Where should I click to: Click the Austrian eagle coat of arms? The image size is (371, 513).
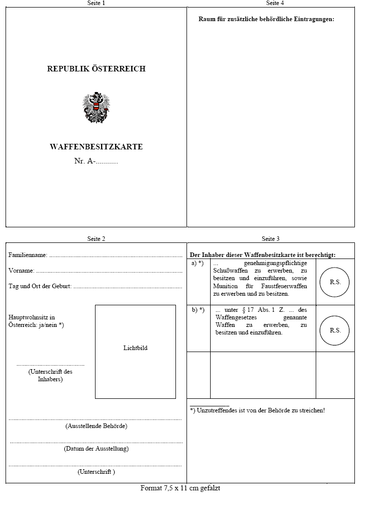point(96,108)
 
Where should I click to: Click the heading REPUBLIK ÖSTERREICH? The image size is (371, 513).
point(96,69)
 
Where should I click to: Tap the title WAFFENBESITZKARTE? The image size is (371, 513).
point(96,147)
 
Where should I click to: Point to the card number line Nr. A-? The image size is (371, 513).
point(96,161)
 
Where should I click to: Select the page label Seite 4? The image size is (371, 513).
point(275,3)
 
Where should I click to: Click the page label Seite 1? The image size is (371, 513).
point(96,3)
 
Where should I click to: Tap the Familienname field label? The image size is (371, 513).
point(28,255)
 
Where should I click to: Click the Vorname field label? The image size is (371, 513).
point(22,271)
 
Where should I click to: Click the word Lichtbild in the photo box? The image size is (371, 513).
point(135,348)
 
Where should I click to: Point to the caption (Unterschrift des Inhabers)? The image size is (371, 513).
point(50,375)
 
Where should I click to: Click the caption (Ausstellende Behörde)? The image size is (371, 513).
point(96,426)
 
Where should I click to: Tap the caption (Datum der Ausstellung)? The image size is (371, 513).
point(96,448)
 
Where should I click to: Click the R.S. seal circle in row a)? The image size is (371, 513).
point(335,282)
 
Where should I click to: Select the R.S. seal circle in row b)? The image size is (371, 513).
point(335,330)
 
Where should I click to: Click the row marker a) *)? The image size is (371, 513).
point(198,263)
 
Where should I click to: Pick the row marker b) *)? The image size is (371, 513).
point(198,310)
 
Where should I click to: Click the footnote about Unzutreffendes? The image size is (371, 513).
point(257,410)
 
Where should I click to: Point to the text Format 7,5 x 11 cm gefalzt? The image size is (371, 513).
point(180,488)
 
